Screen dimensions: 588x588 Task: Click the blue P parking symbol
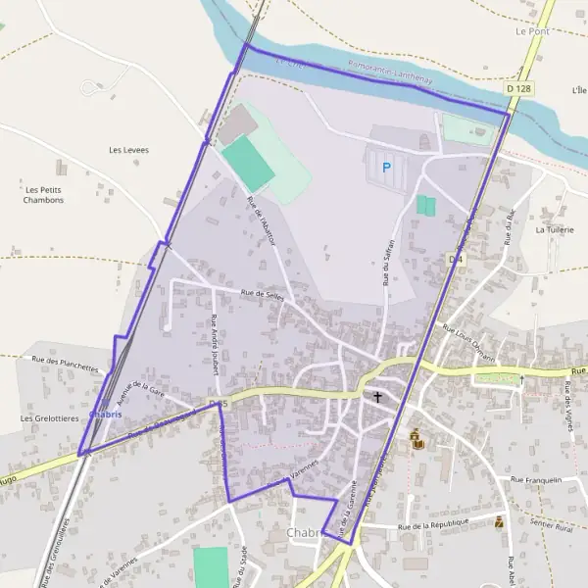point(386,168)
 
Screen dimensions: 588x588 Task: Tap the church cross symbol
point(376,397)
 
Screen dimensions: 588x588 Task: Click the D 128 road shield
point(520,89)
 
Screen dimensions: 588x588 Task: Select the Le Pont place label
point(532,31)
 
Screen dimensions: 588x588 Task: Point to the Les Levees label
point(128,150)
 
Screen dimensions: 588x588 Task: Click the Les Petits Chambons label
point(45,194)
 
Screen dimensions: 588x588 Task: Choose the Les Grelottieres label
point(48,418)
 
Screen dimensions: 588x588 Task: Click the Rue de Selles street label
point(262,295)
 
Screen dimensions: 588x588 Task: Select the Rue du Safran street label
point(388,262)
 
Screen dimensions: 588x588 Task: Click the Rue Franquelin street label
point(536,480)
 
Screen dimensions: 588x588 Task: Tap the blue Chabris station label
point(105,415)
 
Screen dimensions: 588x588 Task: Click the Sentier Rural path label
point(551,527)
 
